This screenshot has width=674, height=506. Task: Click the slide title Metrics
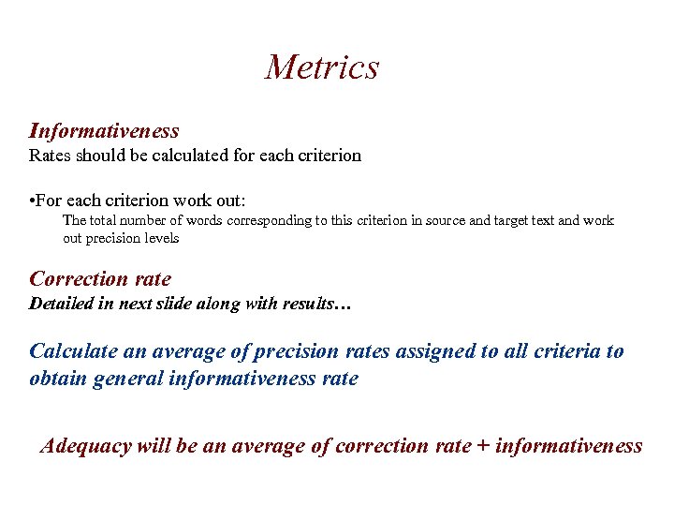point(322,67)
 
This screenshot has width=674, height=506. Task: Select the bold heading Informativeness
point(104,131)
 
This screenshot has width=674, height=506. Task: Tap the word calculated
point(188,156)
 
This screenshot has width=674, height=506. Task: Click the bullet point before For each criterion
point(33,201)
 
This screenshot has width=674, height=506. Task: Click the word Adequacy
point(85,446)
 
